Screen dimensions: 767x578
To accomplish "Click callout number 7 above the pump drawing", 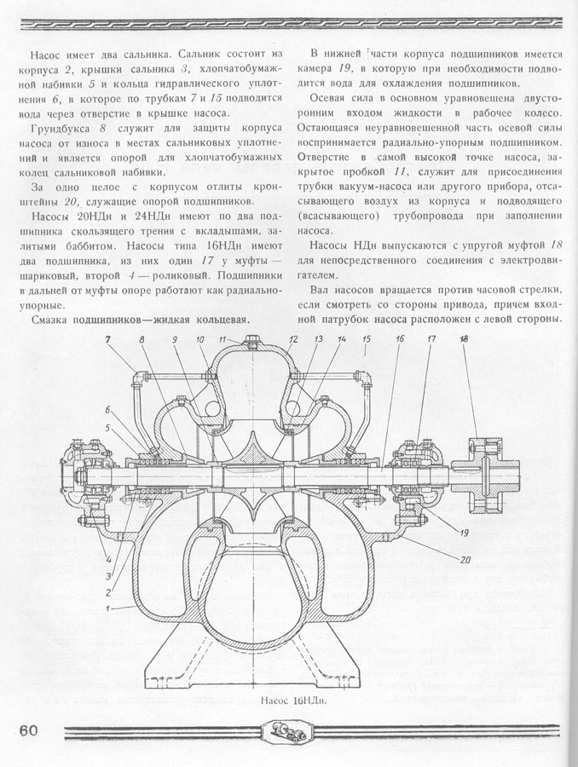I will pos(109,340).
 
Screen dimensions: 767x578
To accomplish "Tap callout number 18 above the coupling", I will pos(463,339).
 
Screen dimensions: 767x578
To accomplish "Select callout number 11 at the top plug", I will pos(221,340).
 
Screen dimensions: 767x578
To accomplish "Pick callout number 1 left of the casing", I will pos(107,607).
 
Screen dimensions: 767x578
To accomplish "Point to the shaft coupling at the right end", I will pos(482,460).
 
